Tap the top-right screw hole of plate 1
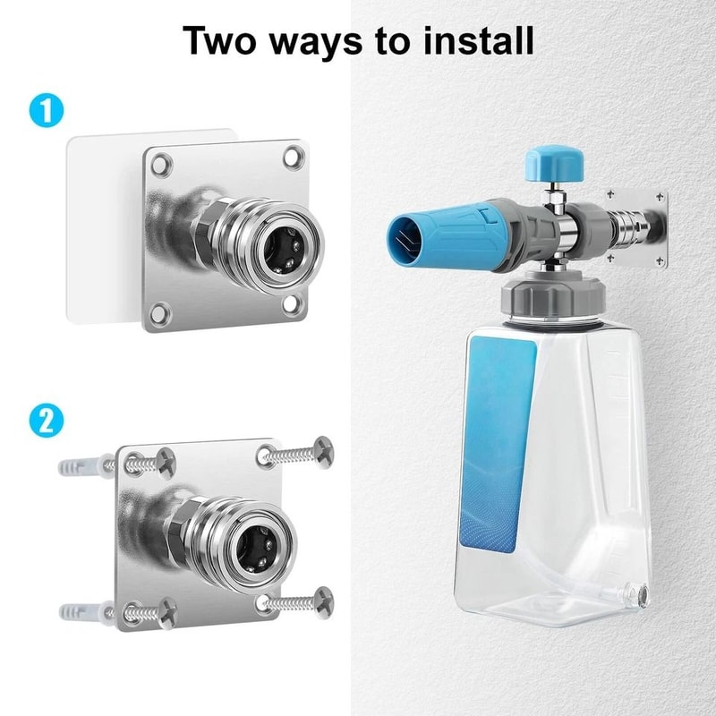(x=292, y=158)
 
